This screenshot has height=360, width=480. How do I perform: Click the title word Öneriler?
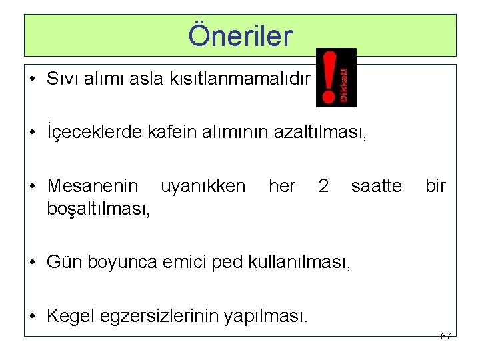click(x=240, y=36)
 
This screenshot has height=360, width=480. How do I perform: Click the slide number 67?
click(x=446, y=336)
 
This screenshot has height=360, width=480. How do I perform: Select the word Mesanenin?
click(x=93, y=186)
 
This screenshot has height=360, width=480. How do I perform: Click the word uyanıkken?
click(x=203, y=186)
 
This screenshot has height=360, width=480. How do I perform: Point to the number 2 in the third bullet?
click(x=323, y=186)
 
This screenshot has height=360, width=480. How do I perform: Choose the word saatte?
click(x=376, y=186)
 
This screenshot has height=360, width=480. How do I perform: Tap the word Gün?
click(x=62, y=261)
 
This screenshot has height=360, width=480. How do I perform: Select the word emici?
click(x=173, y=261)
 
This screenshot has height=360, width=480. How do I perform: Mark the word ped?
click(x=217, y=261)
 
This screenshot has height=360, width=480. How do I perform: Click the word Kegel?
click(x=70, y=314)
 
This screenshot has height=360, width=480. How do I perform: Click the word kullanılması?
click(x=295, y=261)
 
